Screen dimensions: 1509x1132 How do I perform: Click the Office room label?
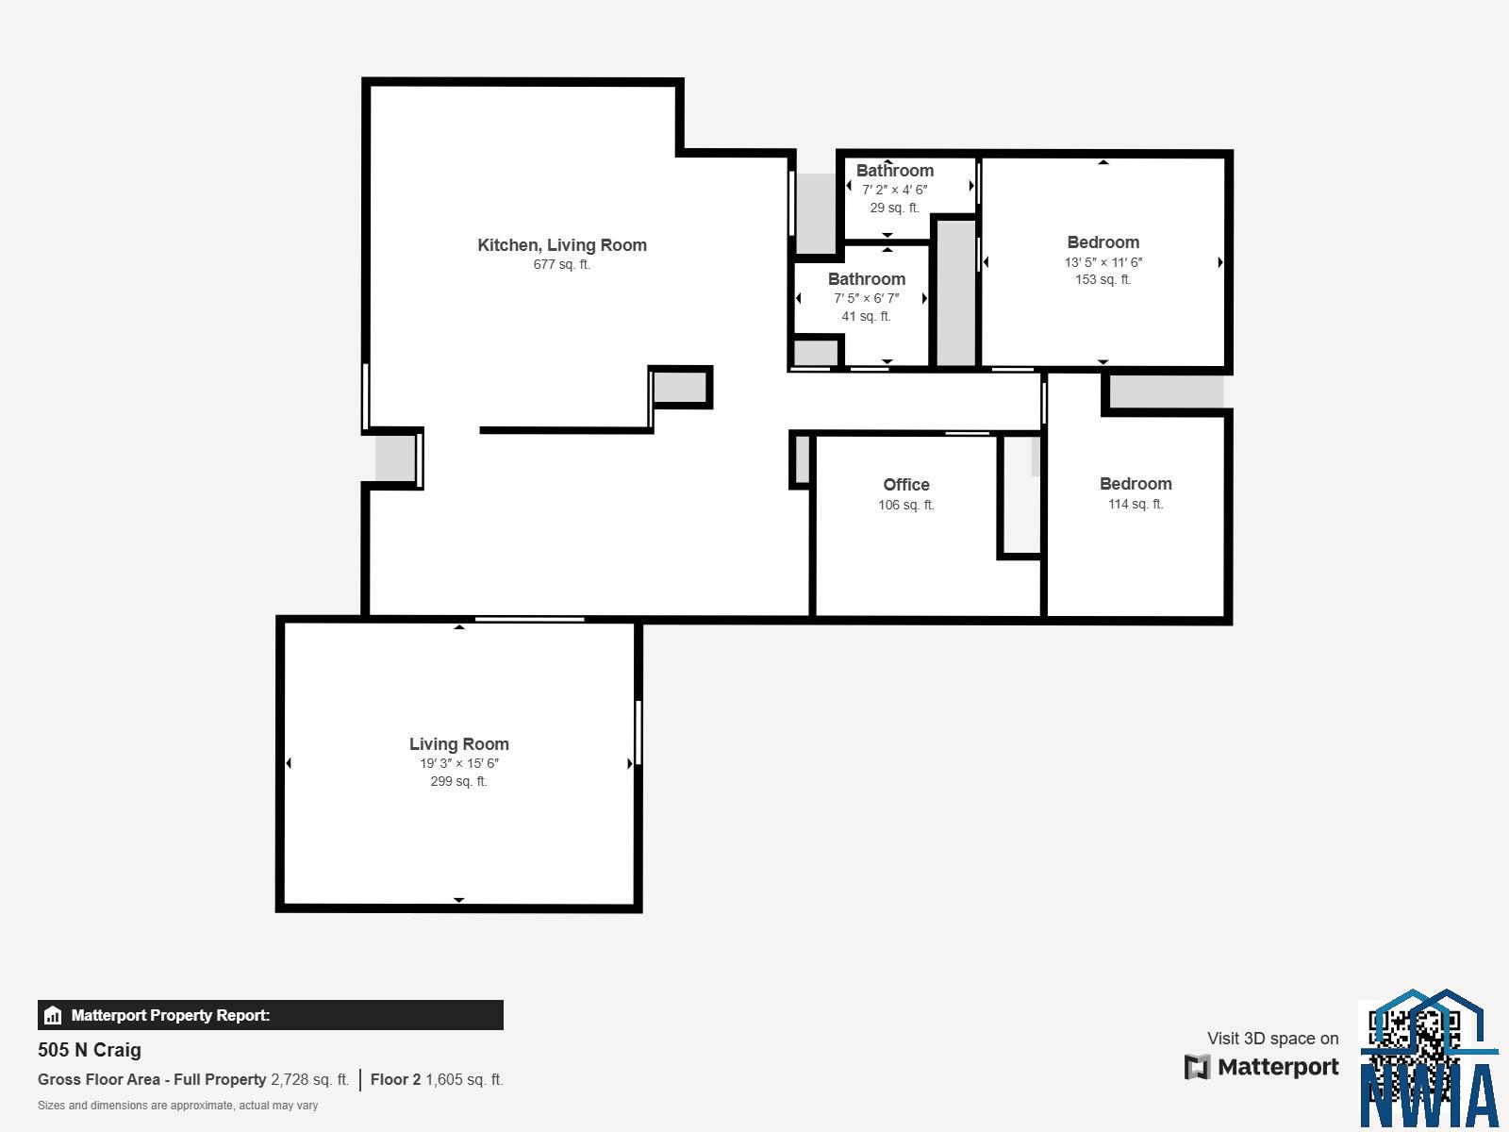click(x=906, y=485)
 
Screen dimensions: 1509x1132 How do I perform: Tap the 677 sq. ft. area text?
click(x=562, y=265)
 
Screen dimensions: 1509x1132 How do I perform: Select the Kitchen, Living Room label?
click(x=562, y=245)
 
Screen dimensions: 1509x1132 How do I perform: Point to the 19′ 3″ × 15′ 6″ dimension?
click(x=459, y=763)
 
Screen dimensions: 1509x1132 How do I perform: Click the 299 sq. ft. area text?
click(x=458, y=781)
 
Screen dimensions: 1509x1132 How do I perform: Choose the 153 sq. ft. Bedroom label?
click(x=1103, y=242)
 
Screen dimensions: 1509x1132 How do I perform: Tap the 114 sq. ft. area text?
click(x=1136, y=504)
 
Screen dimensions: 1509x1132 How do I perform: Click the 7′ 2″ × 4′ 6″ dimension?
click(x=894, y=190)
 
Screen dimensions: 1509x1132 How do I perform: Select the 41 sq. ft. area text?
click(x=866, y=316)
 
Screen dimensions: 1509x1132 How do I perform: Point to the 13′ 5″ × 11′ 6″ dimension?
click(x=1103, y=262)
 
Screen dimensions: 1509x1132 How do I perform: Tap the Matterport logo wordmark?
click(x=1261, y=1067)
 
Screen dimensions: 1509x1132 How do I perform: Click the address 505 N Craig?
click(x=90, y=1050)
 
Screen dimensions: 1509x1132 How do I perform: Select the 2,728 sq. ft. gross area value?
click(x=309, y=1080)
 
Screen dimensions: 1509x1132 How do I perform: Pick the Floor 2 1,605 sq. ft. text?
click(x=437, y=1080)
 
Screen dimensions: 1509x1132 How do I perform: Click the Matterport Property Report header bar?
click(x=270, y=1015)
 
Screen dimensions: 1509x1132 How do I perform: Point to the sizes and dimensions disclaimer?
click(x=177, y=1106)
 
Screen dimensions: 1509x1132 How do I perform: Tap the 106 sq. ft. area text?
click(x=906, y=506)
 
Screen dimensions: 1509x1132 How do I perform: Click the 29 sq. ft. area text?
click(x=894, y=208)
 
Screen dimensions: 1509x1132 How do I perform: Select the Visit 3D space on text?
click(x=1272, y=1039)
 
